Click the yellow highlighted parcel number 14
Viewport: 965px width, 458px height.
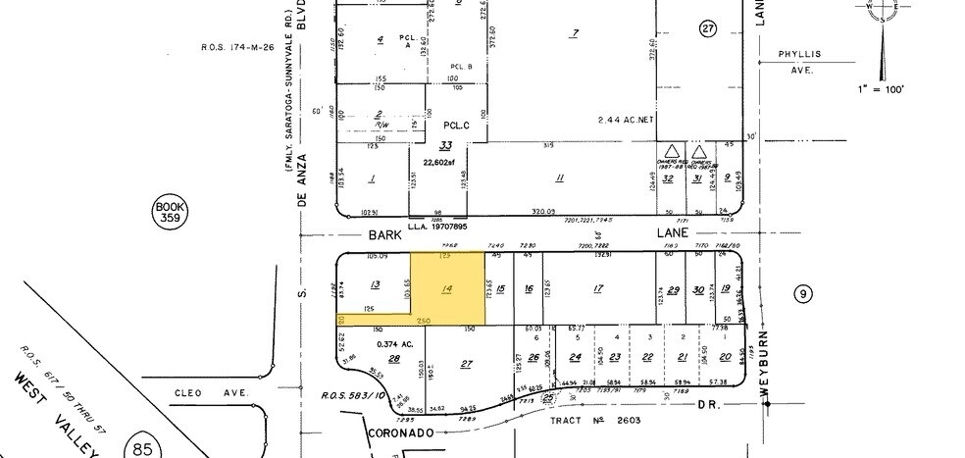coord(447,288)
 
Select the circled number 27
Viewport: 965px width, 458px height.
coord(709,28)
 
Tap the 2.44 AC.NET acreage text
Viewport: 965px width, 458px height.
coord(626,119)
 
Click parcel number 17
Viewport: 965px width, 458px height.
coord(597,288)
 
